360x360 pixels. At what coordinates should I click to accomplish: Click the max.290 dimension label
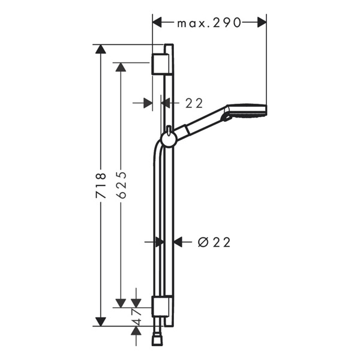(209, 23)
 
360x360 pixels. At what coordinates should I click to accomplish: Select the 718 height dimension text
(101, 186)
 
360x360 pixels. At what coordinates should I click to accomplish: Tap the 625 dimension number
(121, 184)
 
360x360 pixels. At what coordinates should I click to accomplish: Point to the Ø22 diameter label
(214, 242)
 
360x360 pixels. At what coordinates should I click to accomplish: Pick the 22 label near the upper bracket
(194, 103)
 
